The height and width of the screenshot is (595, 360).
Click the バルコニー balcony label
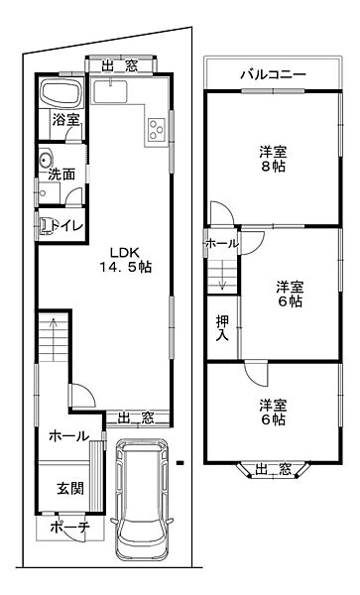(272, 74)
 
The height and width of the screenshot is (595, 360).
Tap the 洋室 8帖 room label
(274, 160)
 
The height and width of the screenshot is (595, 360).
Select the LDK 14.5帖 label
(124, 258)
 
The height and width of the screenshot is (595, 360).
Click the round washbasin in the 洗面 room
(45, 161)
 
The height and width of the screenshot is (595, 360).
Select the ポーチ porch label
(68, 528)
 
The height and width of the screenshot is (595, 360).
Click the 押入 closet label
(222, 328)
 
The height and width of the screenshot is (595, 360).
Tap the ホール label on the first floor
(67, 435)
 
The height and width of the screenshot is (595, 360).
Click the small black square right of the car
(180, 461)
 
